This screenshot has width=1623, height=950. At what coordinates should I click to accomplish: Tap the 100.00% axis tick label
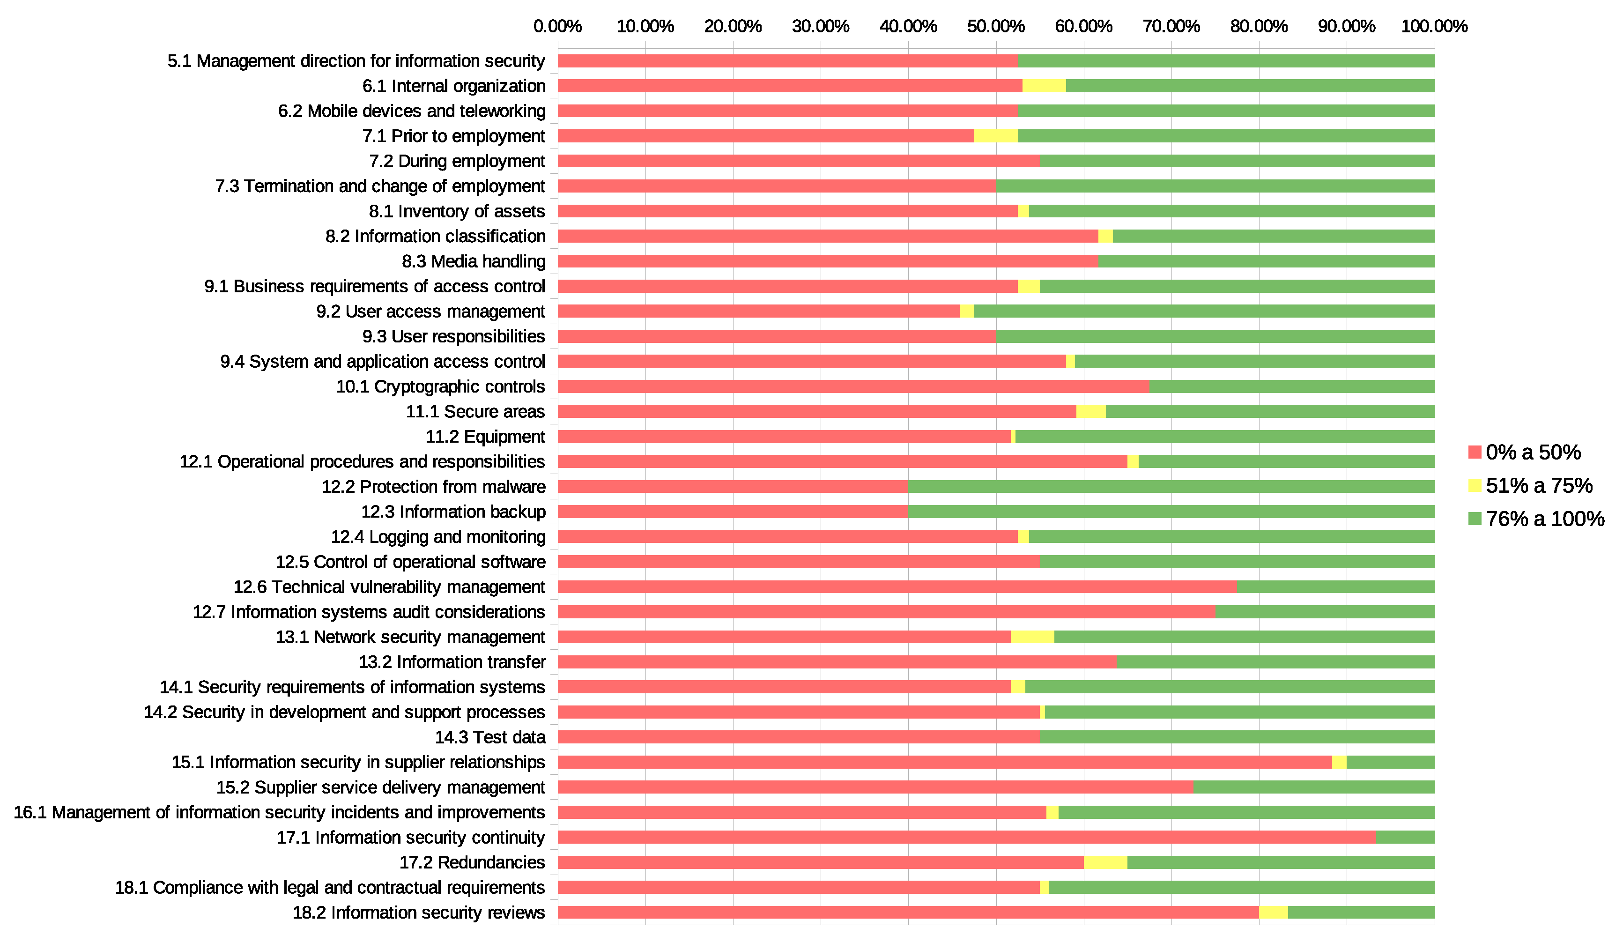(x=1434, y=26)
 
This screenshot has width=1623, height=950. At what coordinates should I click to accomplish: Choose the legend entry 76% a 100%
(x=1544, y=519)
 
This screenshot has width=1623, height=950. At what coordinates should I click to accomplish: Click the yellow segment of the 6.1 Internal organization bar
(x=1044, y=86)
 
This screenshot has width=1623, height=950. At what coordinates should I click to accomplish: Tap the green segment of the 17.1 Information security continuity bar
(x=1405, y=837)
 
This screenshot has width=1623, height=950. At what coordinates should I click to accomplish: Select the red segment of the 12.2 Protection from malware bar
(x=732, y=486)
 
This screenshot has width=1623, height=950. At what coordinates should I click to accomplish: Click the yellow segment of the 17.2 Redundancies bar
(x=1105, y=862)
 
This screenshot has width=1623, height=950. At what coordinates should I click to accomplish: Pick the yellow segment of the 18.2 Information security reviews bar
(x=1273, y=913)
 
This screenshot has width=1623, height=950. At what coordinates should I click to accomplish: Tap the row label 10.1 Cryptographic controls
(x=440, y=386)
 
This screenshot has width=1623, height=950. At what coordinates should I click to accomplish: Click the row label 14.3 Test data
(x=489, y=737)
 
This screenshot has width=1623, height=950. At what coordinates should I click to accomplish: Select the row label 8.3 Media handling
(x=474, y=261)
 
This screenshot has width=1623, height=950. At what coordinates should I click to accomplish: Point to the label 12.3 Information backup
(x=453, y=512)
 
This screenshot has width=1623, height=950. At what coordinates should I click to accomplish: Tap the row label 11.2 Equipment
(x=485, y=437)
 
